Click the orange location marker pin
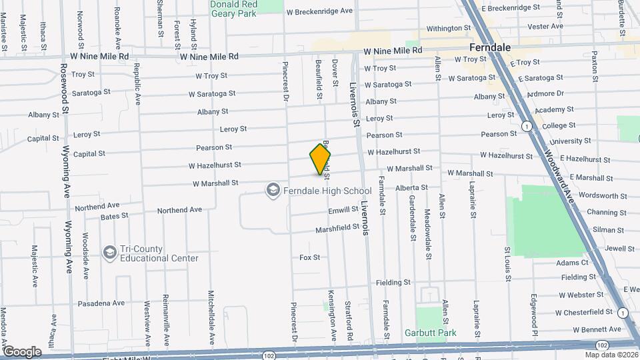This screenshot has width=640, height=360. (x=320, y=159)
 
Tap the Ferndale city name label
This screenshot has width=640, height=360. (x=490, y=48)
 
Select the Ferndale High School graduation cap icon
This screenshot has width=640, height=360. (x=272, y=191)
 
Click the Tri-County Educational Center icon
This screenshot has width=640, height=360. (x=110, y=253)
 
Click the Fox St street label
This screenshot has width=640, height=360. (x=309, y=257)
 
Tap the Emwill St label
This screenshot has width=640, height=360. (x=344, y=210)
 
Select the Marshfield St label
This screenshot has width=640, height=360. (x=337, y=229)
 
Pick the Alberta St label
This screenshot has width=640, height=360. (x=411, y=189)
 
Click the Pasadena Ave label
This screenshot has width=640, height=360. (x=101, y=303)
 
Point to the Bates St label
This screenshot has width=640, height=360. (x=114, y=217)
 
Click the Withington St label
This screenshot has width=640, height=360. (x=448, y=29)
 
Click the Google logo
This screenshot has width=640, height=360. (x=21, y=352)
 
